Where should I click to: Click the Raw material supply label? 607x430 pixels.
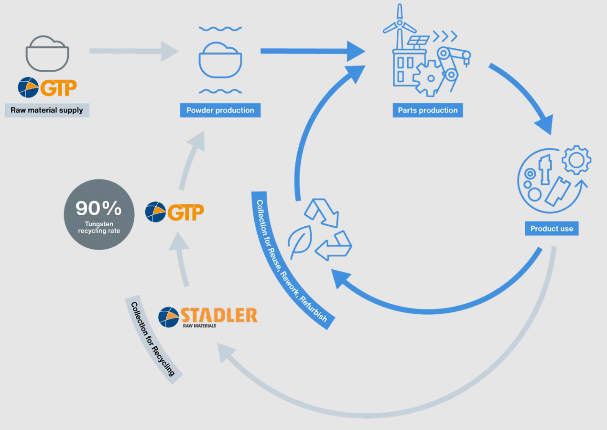(47, 110)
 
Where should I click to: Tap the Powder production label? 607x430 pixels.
(220, 110)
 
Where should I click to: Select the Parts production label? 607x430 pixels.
(428, 110)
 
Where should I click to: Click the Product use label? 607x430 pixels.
(552, 229)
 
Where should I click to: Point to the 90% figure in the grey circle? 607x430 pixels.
(99, 208)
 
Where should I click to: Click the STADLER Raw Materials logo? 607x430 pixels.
(208, 316)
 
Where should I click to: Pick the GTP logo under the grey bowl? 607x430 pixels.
(47, 88)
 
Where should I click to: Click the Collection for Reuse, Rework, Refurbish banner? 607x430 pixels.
(292, 261)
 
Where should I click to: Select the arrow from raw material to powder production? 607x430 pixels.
(134, 51)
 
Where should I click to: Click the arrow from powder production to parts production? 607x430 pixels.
(311, 51)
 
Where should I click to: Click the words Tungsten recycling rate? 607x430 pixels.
(99, 227)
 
